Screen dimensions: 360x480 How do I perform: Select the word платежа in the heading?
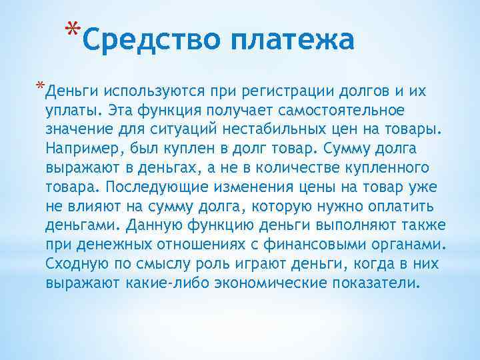click(x=292, y=41)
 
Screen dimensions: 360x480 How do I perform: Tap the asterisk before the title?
click(x=75, y=31)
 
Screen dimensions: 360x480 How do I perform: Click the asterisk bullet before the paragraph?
click(x=41, y=87)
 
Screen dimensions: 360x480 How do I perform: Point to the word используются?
click(x=151, y=90)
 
